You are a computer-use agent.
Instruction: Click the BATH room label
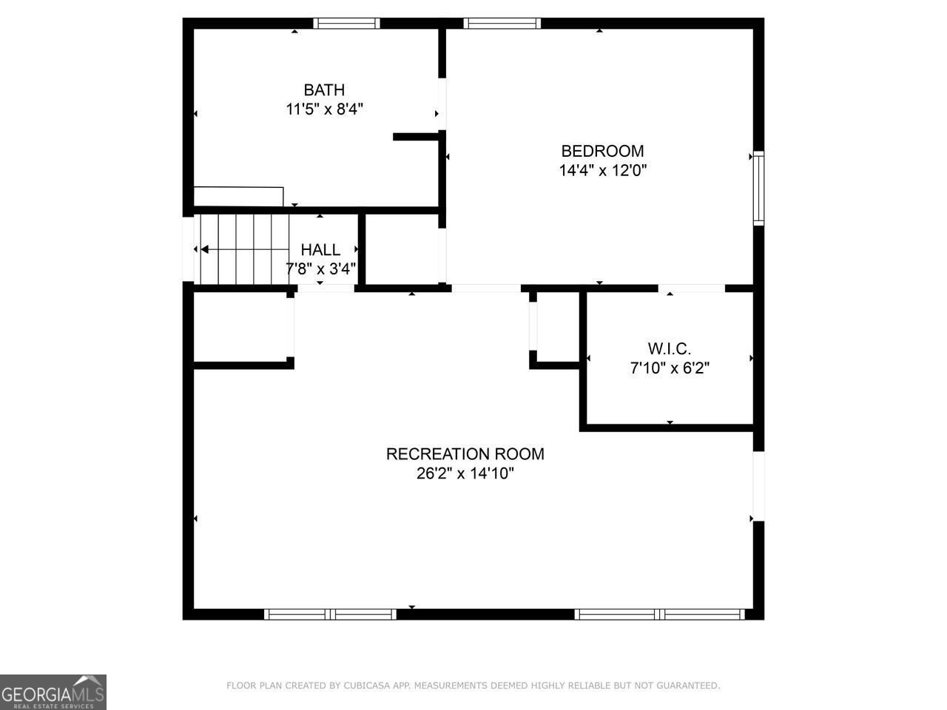(x=324, y=90)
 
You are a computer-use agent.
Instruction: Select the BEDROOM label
(x=602, y=152)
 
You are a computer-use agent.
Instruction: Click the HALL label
(x=320, y=250)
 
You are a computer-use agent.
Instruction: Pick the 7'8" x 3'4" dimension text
(x=320, y=268)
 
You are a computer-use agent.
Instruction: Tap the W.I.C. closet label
(x=670, y=348)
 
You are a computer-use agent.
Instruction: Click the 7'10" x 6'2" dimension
(x=670, y=368)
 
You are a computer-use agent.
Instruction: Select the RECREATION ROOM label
(x=465, y=454)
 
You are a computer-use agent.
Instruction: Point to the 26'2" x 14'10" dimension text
(x=465, y=473)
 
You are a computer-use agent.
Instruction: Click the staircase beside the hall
(x=243, y=248)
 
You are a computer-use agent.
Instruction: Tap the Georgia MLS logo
(x=53, y=692)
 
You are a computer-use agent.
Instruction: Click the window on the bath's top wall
(x=346, y=24)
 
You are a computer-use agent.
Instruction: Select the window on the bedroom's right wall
(x=758, y=187)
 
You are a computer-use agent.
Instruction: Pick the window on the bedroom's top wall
(x=502, y=24)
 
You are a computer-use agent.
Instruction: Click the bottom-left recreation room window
(x=330, y=614)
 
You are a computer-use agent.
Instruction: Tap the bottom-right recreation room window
(x=659, y=614)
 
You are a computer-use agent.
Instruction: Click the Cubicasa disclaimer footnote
(x=473, y=686)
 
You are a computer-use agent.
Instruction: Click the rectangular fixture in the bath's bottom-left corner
(x=238, y=196)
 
